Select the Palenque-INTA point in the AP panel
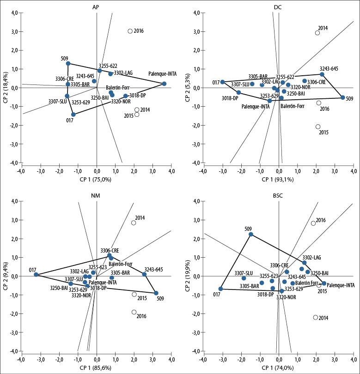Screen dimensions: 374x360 point(164,84)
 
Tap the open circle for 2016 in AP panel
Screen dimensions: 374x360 point(130,31)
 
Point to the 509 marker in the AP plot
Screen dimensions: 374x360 point(68,63)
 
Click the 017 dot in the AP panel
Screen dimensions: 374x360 point(73,115)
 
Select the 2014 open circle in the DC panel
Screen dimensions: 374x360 point(317,33)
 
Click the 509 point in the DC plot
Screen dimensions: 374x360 point(343,97)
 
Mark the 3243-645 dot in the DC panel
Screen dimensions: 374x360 point(322,74)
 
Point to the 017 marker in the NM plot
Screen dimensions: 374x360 point(36,275)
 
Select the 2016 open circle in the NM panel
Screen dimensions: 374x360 point(134,312)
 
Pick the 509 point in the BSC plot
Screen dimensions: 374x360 point(251,234)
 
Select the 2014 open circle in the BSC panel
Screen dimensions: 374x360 point(316,317)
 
